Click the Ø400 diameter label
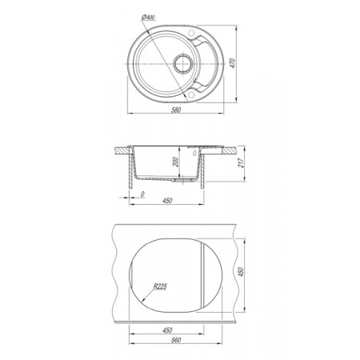(x=149, y=18)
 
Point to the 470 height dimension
(x=233, y=63)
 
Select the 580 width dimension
(x=176, y=110)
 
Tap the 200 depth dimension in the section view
(x=176, y=162)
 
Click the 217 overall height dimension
(x=241, y=162)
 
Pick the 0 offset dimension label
(x=142, y=194)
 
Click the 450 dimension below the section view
(x=167, y=201)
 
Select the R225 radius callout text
(x=160, y=286)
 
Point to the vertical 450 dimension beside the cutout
(x=241, y=272)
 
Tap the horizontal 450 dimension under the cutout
(x=167, y=330)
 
